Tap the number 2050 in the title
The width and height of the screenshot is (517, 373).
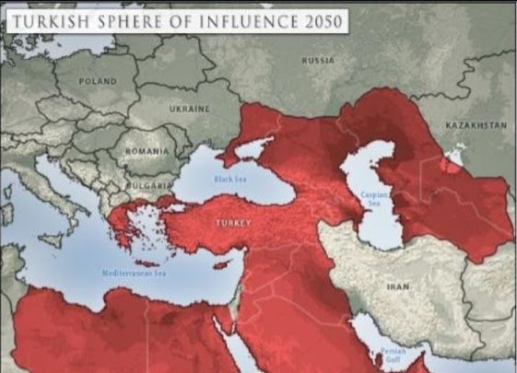320,21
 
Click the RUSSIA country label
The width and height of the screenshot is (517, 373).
318,60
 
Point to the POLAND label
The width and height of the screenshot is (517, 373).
98,81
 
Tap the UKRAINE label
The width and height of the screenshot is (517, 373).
190,108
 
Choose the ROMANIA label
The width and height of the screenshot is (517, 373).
147,149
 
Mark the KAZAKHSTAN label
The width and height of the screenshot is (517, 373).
476,124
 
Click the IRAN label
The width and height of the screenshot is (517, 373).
398,287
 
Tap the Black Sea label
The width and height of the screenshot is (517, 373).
229,181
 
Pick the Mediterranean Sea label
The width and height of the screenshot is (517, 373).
134,274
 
